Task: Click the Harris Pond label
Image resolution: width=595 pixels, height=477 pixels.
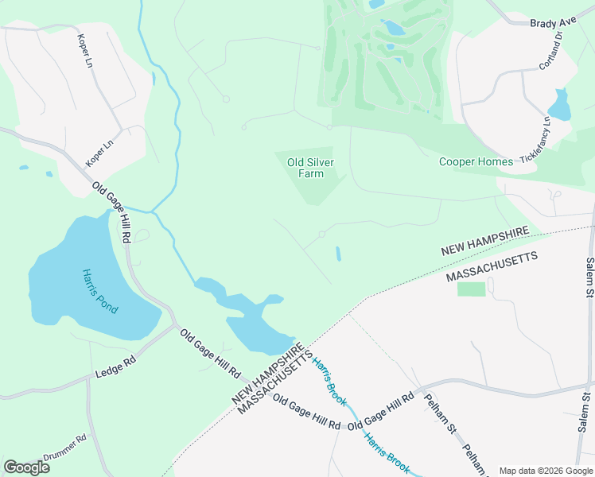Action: click(x=99, y=291)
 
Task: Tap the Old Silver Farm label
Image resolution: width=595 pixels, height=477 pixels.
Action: click(x=309, y=168)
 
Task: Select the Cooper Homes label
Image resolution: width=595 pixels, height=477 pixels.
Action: click(x=476, y=161)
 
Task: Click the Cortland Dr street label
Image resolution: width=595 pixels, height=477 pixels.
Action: click(x=550, y=51)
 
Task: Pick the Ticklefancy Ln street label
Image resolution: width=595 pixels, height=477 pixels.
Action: click(x=536, y=142)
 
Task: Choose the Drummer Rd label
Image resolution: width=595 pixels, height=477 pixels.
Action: click(x=64, y=450)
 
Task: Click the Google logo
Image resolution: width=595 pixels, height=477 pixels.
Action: click(x=26, y=467)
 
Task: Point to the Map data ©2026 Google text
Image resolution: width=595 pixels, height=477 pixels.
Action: click(x=545, y=471)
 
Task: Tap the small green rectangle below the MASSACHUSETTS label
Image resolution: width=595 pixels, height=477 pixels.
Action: click(x=471, y=289)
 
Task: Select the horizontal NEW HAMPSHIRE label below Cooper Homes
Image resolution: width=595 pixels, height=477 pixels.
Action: click(x=485, y=239)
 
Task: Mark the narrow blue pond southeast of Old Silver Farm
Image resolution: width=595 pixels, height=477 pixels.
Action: click(x=338, y=254)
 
